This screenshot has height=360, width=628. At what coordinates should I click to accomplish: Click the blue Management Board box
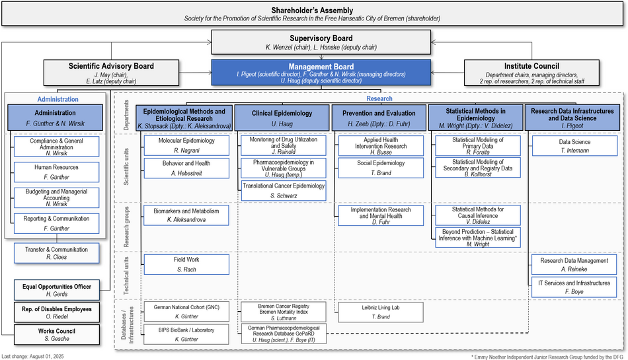coord(321,73)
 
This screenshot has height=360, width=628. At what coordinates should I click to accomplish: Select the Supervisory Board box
coord(321,42)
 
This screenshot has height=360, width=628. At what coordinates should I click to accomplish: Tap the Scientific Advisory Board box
coord(111,73)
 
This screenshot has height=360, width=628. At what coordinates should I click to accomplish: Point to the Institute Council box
coord(532,73)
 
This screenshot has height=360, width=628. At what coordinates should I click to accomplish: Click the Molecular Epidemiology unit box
coord(186,145)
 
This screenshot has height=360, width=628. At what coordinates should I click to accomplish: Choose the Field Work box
coord(186,264)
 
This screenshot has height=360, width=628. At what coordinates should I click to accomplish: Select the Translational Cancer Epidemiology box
coord(284,190)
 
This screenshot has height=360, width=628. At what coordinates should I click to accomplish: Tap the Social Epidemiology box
coord(381,168)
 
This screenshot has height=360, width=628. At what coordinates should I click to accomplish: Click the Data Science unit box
coord(574,146)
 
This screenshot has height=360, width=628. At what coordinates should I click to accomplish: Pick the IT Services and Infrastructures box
coord(574,287)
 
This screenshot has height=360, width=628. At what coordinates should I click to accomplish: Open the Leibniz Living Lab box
coord(381,312)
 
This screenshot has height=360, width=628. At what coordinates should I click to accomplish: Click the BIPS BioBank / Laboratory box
coord(186,334)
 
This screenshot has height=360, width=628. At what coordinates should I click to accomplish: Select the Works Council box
coord(57,334)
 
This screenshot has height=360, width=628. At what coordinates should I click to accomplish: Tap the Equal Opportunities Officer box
coord(57,290)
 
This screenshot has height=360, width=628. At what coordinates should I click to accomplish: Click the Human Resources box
coord(56,172)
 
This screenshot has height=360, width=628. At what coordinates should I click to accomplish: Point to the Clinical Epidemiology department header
coord(282,118)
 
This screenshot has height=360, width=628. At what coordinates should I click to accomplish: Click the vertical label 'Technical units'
coord(126,276)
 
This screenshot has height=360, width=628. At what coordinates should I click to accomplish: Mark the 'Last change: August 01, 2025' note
coord(32,357)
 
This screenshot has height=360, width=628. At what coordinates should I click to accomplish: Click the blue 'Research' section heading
coord(379,98)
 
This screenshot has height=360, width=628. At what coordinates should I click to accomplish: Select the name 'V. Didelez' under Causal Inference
coord(478,221)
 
